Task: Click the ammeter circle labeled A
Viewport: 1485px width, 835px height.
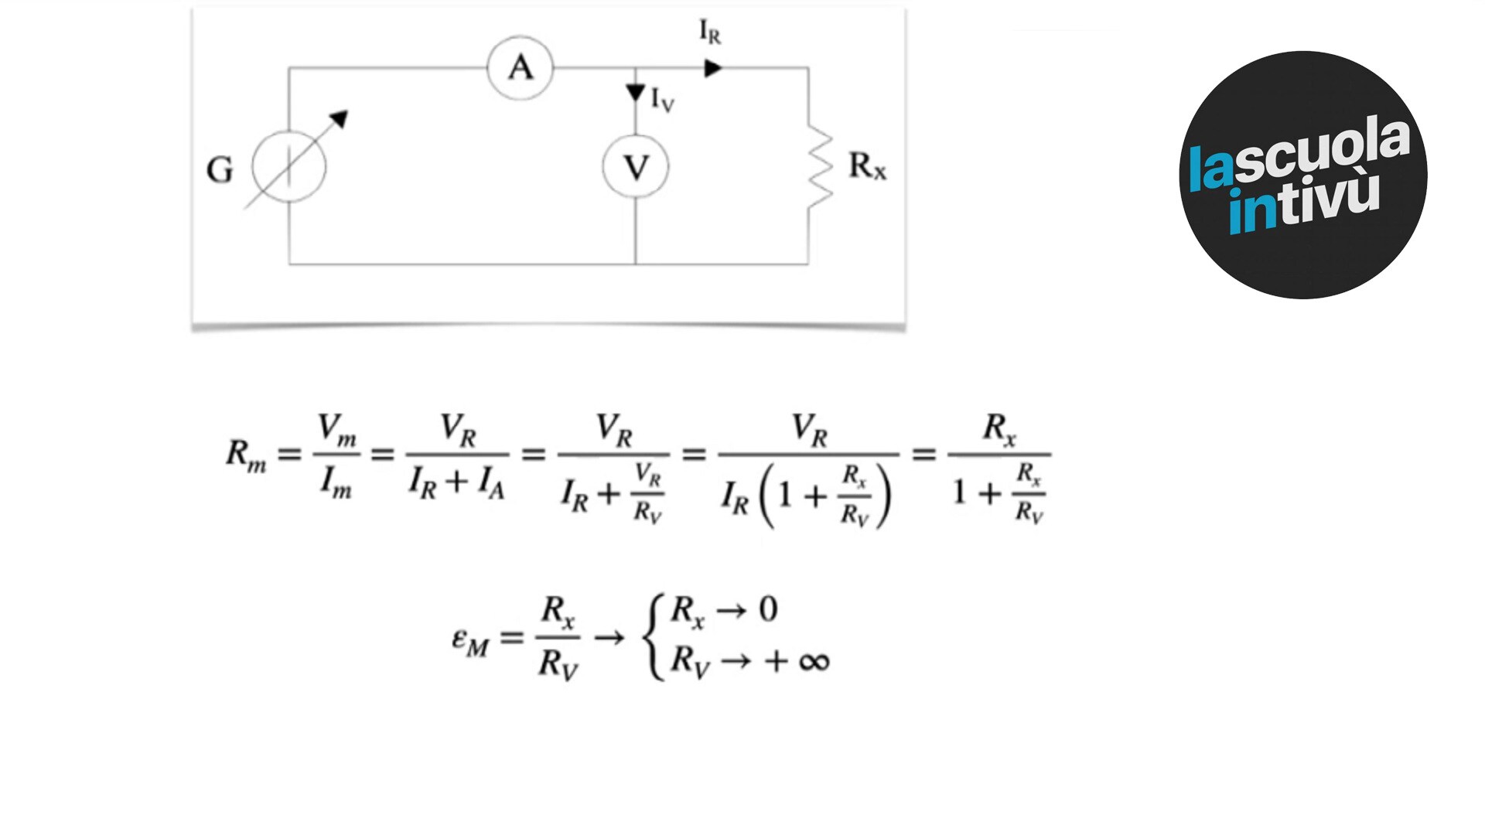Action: click(x=521, y=68)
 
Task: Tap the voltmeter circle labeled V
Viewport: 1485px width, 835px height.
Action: click(x=636, y=167)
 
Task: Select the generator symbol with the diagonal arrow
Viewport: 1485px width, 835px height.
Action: click(x=290, y=165)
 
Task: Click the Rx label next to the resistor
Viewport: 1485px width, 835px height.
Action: click(x=867, y=166)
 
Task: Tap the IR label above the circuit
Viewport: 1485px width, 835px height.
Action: click(x=709, y=32)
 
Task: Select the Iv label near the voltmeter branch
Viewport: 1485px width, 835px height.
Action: click(x=662, y=100)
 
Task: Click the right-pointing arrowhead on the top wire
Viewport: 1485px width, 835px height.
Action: click(x=713, y=69)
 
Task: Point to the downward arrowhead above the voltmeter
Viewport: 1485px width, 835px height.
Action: click(x=636, y=93)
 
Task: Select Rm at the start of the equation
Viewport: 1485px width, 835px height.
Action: click(x=246, y=455)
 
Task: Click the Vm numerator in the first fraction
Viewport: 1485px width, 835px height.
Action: click(x=337, y=430)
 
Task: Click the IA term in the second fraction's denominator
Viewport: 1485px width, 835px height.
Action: click(x=491, y=483)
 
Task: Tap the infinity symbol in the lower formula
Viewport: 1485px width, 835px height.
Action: click(x=814, y=662)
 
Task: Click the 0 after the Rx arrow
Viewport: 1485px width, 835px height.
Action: click(x=768, y=610)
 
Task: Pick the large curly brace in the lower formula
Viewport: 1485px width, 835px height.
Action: click(x=654, y=637)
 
